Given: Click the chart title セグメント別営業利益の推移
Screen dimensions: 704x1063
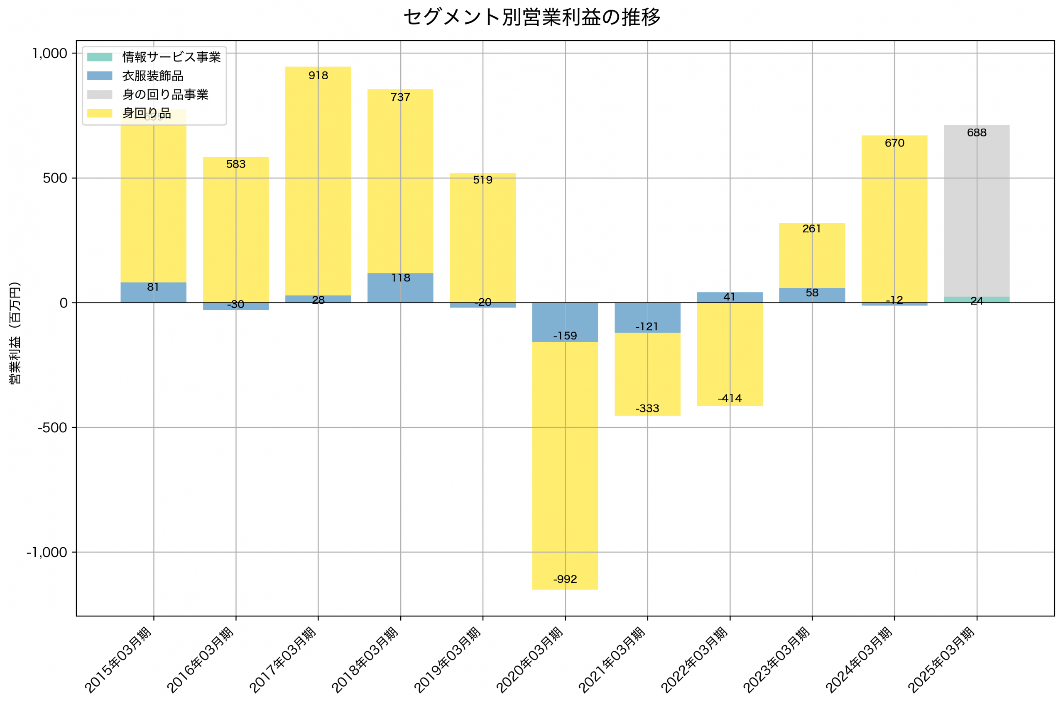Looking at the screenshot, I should point(531,17).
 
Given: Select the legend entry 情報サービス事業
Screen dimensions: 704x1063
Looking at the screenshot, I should point(171,57).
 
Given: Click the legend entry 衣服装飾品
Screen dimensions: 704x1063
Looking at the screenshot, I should point(152,76).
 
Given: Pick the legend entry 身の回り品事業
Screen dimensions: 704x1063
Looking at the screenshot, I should point(165,95).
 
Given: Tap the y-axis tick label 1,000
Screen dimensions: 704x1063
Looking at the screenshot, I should point(49,54).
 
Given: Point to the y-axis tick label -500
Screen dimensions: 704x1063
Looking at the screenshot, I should point(52,427).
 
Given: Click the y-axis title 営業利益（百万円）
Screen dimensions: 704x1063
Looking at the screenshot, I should point(15,333).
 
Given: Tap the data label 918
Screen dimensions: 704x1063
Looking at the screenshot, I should point(318,76).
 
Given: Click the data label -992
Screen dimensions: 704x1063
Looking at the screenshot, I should point(565,579).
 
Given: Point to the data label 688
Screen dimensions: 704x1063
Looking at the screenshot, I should point(977,132).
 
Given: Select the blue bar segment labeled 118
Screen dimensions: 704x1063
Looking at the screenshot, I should point(400,288).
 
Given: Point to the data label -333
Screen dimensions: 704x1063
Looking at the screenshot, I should point(647,409).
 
